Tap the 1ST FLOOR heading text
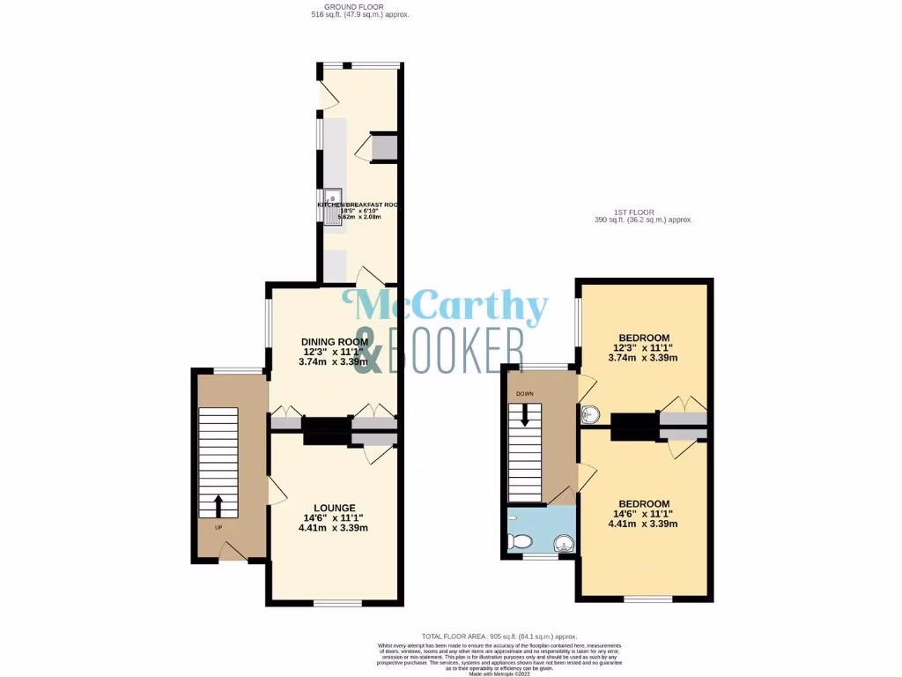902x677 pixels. [x=643, y=212]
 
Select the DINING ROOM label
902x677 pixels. [x=334, y=342]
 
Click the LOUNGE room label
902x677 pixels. [x=334, y=508]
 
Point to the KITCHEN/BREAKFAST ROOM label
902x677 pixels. [x=358, y=205]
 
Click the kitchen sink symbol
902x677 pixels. [x=332, y=208]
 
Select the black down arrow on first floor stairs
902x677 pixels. [x=525, y=414]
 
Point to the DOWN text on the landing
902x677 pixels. [x=525, y=394]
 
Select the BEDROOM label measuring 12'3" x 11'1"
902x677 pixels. [x=644, y=338]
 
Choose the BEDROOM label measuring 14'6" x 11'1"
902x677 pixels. [x=644, y=503]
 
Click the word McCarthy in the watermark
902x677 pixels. [x=451, y=309]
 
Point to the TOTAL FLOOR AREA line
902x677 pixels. [x=499, y=636]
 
